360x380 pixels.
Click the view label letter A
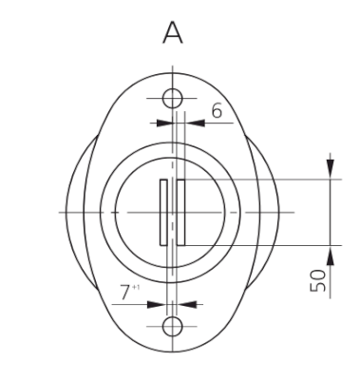pyautogui.click(x=173, y=33)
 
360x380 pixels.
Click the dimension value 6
pyautogui.click(x=217, y=111)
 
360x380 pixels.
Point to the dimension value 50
pyautogui.click(x=318, y=280)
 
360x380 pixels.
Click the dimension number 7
pyautogui.click(x=125, y=292)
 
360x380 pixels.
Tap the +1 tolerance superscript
pyautogui.click(x=136, y=287)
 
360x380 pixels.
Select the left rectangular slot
pyautogui.click(x=163, y=212)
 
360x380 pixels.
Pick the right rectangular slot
pyautogui.click(x=180, y=212)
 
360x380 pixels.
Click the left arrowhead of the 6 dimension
pyautogui.click(x=164, y=123)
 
